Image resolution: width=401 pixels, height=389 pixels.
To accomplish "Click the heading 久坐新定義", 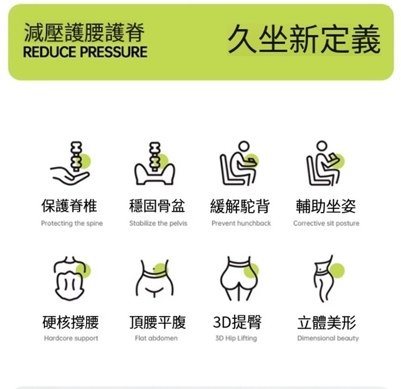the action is [304, 39].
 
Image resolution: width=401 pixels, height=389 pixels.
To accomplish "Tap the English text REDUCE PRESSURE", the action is [85, 52].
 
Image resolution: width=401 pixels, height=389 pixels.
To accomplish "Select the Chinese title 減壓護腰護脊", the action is [84, 32].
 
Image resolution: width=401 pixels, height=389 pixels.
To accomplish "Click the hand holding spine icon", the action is [71, 163].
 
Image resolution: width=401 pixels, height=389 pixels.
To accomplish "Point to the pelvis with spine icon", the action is [155, 164].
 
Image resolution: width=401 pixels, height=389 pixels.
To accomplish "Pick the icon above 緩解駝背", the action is [240, 163].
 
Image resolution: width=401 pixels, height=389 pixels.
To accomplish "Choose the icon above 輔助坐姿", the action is [326, 163].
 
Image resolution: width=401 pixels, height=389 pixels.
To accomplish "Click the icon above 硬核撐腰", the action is [72, 278].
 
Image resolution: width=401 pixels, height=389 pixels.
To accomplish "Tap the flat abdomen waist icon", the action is [155, 279].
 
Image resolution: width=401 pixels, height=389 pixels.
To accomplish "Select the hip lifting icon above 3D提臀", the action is [240, 278].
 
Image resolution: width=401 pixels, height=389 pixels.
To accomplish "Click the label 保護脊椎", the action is [70, 206].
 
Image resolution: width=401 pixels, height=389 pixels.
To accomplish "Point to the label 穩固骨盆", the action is [157, 206].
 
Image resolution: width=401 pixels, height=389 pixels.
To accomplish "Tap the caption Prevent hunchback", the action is [241, 223].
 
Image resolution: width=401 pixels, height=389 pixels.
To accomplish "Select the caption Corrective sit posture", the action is [326, 223].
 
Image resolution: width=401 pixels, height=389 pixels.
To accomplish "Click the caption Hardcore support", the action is [71, 338].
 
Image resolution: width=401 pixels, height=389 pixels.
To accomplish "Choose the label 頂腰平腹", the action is [158, 322].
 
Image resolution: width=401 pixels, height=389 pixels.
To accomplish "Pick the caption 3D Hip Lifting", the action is [236, 338].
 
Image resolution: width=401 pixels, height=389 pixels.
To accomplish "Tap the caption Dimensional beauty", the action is [328, 338].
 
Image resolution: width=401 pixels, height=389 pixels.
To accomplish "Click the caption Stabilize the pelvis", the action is [158, 223].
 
